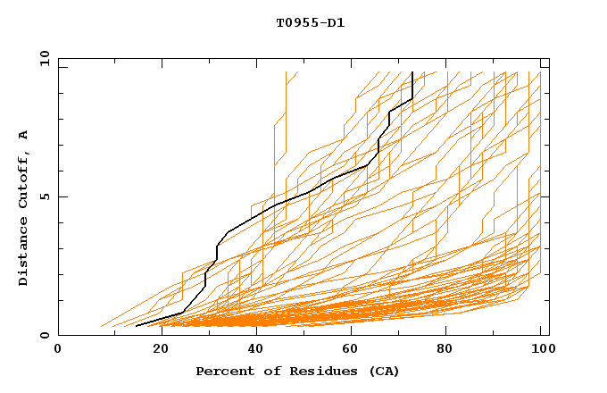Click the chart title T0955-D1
(x=310, y=23)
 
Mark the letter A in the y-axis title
(x=24, y=135)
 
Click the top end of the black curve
(x=412, y=72)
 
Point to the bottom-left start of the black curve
(x=137, y=326)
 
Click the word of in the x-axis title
(x=263, y=371)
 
